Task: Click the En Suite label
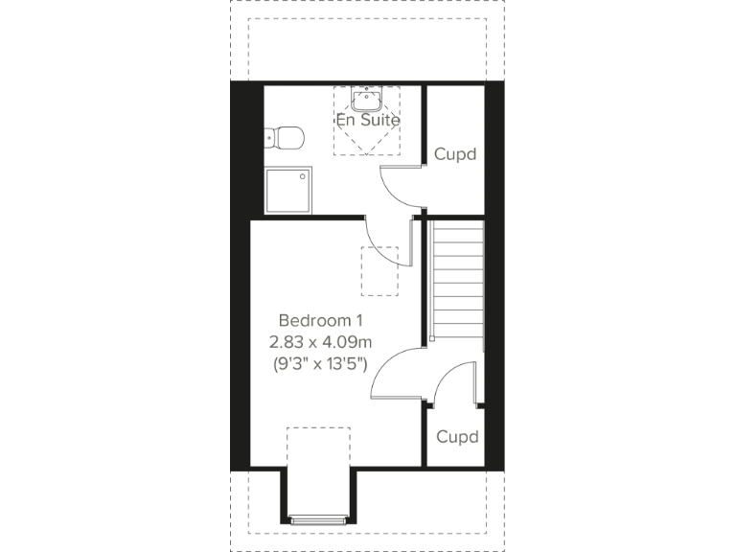click(x=367, y=121)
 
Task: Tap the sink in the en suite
click(x=367, y=99)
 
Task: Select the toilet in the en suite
click(x=284, y=137)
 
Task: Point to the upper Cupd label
click(x=455, y=153)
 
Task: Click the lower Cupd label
click(x=456, y=437)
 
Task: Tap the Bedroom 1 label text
click(x=321, y=320)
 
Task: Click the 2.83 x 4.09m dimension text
click(x=321, y=341)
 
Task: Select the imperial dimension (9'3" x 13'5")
click(x=321, y=363)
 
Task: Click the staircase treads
click(x=458, y=278)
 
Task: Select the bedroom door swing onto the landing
click(x=393, y=376)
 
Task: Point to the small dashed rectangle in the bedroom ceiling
click(x=379, y=271)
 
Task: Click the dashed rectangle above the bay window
click(x=319, y=450)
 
